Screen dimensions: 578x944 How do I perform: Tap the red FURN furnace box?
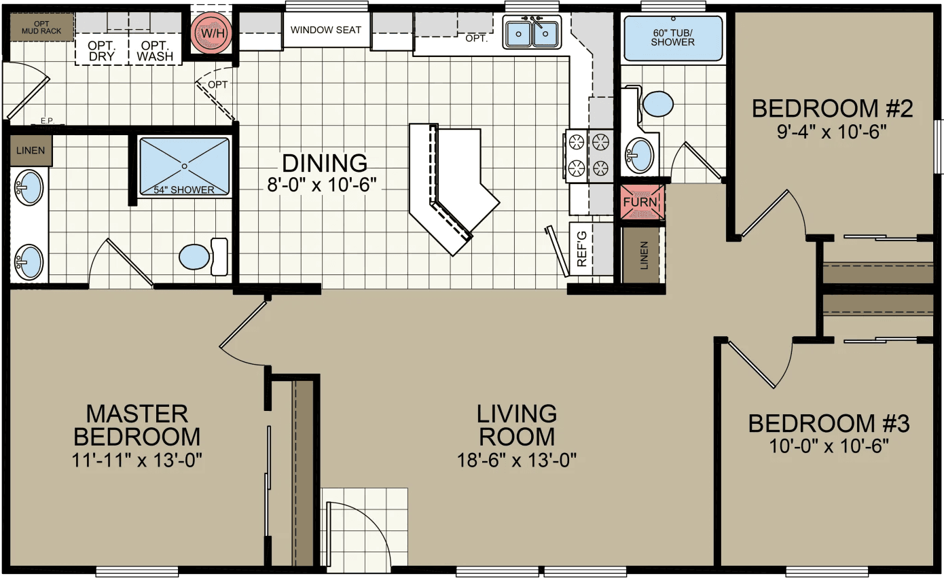pos(640,202)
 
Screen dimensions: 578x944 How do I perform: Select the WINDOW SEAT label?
pos(321,30)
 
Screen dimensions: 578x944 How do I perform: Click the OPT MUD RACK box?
pos(41,27)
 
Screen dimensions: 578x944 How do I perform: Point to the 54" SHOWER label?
pos(184,189)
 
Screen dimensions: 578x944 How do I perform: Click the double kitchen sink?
pos(532,33)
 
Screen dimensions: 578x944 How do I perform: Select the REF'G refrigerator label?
pos(581,251)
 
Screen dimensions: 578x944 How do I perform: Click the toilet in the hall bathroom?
pos(657,104)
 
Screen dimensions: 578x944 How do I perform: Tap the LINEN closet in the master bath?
pos(31,151)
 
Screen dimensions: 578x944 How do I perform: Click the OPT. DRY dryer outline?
pos(102,50)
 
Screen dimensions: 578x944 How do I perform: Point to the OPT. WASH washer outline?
pos(155,50)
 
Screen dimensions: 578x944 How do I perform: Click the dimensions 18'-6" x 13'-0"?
pos(516,460)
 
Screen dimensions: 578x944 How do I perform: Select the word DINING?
pos(325,163)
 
